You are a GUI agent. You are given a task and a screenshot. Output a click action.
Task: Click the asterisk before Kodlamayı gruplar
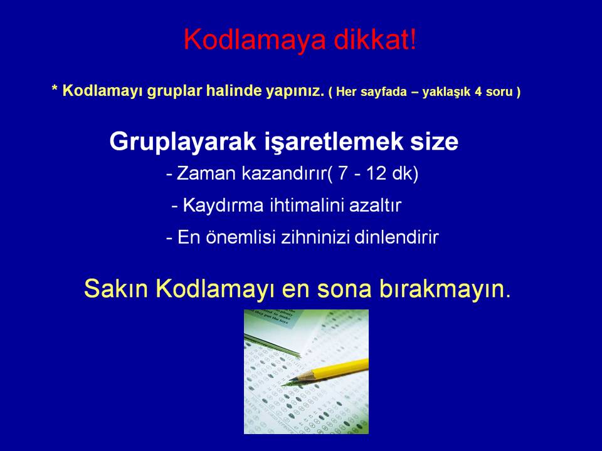55,89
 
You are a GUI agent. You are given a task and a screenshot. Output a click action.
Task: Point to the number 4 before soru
478,91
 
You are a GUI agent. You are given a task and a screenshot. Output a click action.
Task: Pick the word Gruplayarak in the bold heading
182,142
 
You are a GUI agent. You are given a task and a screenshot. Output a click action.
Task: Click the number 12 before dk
376,174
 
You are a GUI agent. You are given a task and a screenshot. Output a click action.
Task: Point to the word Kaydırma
223,205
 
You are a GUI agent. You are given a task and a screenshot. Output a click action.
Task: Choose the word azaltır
375,205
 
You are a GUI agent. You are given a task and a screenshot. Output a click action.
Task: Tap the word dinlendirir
396,237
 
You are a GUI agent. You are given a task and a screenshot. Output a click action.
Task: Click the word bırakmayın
445,288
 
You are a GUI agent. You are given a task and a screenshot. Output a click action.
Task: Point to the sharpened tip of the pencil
283,384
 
